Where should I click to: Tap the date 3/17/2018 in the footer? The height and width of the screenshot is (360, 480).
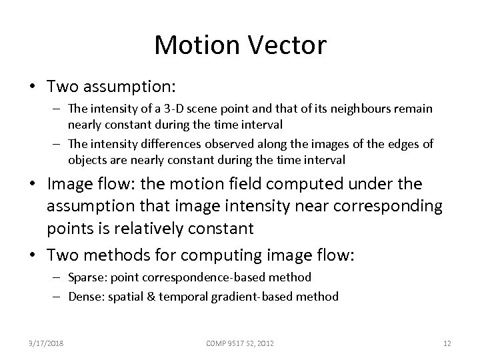[x=47, y=343]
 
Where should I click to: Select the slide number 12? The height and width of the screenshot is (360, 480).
[x=447, y=343]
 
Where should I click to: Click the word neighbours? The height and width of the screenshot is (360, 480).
[x=347, y=108]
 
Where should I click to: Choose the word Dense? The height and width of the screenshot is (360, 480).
[x=84, y=296]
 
